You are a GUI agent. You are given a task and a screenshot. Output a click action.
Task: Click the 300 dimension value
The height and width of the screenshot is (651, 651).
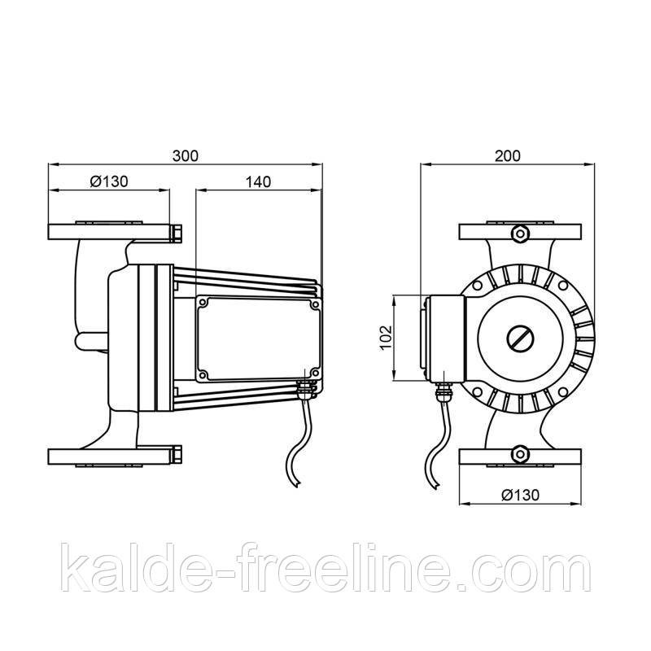[x=186, y=156]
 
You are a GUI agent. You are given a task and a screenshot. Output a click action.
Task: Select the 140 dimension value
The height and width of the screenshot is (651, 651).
[x=258, y=181]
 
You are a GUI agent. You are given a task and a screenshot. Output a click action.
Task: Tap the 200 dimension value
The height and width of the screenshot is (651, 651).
[x=507, y=155]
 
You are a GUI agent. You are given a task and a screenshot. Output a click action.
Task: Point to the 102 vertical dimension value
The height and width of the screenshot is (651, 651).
[x=386, y=338]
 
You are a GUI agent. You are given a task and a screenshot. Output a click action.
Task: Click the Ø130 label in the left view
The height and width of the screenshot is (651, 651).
[x=109, y=181]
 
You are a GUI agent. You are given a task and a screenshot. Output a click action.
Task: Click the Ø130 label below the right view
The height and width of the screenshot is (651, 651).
[x=521, y=495]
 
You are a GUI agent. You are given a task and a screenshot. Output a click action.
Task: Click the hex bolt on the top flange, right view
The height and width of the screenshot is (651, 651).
[x=520, y=234]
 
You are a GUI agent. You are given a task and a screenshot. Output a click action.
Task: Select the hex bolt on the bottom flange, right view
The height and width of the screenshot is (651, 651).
[x=520, y=454]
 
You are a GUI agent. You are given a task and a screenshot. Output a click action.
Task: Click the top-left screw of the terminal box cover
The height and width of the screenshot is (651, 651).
[x=203, y=303]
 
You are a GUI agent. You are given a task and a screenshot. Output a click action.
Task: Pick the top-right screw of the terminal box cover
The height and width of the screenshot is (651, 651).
[x=315, y=305]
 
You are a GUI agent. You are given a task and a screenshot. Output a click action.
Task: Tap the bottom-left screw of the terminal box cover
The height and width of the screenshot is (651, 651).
[x=203, y=374]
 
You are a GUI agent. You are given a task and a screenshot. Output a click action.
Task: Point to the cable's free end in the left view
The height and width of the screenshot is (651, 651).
[x=296, y=484]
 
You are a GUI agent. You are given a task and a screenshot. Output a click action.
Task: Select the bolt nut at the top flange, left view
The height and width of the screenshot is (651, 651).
[x=176, y=234]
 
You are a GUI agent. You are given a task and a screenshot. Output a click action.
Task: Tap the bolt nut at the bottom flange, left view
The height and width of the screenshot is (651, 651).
[x=176, y=455]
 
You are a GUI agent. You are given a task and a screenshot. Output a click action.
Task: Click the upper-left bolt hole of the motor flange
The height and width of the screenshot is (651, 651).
[x=478, y=286]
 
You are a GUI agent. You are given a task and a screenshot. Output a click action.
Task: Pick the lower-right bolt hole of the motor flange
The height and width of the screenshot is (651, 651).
[x=563, y=392]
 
